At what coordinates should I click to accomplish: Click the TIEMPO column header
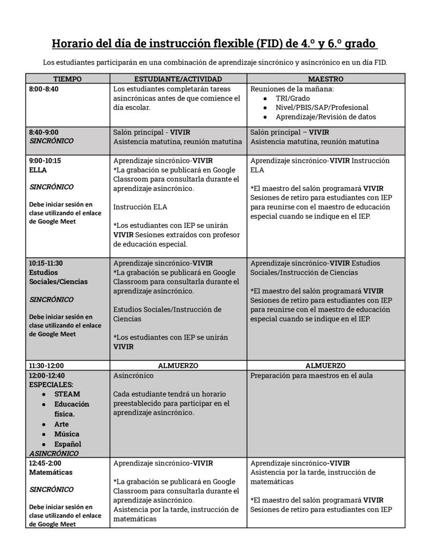pyautogui.click(x=67, y=79)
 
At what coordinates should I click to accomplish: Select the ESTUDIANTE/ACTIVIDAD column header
pyautogui.click(x=178, y=79)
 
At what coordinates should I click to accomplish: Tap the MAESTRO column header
pyautogui.click(x=326, y=79)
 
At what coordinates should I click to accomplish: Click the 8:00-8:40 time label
pyautogui.click(x=43, y=89)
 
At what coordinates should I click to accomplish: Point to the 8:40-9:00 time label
pyautogui.click(x=43, y=132)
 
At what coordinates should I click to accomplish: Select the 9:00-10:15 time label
pyautogui.click(x=45, y=160)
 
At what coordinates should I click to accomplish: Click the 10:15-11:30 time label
pyautogui.click(x=46, y=263)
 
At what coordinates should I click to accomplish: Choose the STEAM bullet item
pyautogui.click(x=67, y=394)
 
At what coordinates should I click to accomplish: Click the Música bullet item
pyautogui.click(x=66, y=434)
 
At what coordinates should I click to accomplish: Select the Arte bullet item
pyautogui.click(x=61, y=424)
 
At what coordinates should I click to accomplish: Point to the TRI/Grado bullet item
pyautogui.click(x=292, y=98)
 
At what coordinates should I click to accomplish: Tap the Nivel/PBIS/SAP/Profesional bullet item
pyautogui.click(x=322, y=108)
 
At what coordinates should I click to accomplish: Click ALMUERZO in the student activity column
pyautogui.click(x=178, y=366)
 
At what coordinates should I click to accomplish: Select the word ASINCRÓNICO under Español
pyautogui.click(x=54, y=453)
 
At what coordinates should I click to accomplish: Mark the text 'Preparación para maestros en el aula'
pyautogui.click(x=311, y=375)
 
